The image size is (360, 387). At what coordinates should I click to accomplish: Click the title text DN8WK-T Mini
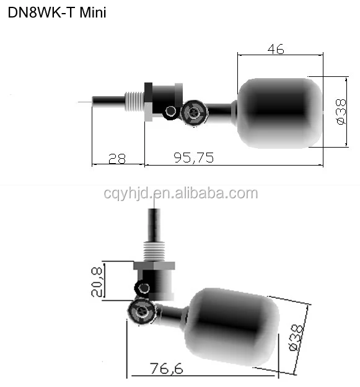coord(57,13)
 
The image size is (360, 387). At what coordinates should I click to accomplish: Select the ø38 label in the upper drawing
coord(339,112)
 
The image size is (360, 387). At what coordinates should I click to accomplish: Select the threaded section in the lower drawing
coord(153,251)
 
